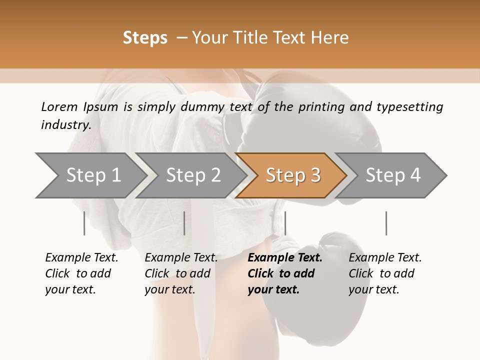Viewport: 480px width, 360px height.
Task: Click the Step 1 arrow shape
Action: [x=90, y=175]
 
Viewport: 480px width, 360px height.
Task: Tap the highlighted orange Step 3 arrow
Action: [x=292, y=175]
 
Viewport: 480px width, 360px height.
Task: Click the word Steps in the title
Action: [x=145, y=38]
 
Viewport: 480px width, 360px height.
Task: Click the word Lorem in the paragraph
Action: [x=59, y=107]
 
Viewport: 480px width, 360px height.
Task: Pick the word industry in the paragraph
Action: [x=65, y=125]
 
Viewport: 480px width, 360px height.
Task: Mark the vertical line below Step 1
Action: [x=84, y=223]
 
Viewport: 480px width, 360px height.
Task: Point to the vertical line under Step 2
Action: [x=184, y=223]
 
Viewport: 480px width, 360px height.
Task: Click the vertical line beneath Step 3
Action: [x=285, y=223]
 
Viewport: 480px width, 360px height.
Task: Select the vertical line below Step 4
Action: [x=386, y=223]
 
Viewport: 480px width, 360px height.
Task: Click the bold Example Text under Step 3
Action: [x=285, y=258]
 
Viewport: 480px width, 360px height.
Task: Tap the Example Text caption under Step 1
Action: [x=81, y=258]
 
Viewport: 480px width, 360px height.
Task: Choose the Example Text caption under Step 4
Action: [x=385, y=258]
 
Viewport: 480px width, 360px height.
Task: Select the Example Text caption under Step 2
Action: [x=181, y=258]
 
